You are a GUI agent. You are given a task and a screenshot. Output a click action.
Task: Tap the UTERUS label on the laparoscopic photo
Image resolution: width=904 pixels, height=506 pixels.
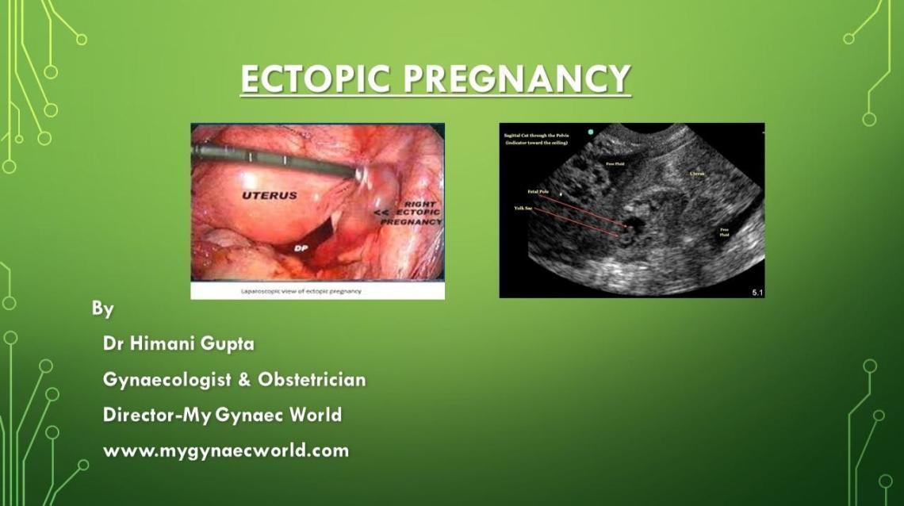coord(270,195)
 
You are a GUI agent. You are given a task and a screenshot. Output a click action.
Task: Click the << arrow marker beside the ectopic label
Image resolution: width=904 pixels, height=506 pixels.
coord(381,213)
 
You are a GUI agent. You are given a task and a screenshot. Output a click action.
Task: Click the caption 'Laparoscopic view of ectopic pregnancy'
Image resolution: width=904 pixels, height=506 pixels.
coord(301,291)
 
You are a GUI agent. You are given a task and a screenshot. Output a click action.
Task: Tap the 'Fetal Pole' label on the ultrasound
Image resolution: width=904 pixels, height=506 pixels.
coord(538,192)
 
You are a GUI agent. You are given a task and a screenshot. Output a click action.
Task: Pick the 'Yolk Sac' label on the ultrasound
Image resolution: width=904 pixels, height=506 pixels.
coord(524,208)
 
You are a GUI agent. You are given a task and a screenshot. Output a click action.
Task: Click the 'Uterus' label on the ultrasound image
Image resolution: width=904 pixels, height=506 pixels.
coord(696,174)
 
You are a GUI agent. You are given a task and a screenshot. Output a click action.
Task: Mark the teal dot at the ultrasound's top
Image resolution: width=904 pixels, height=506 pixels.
coord(590,132)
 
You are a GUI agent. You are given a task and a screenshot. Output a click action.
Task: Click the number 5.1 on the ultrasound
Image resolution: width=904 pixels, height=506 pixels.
coord(757,293)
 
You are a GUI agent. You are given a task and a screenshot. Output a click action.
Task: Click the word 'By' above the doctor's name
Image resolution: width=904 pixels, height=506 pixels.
coord(102,309)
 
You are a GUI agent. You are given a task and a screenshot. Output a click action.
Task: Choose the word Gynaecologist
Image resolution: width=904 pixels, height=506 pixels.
coord(166,380)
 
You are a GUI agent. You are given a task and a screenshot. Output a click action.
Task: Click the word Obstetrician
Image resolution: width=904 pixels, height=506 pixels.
coord(312,380)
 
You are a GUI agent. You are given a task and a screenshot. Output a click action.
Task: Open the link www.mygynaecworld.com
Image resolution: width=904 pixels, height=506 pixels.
coord(226,450)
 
